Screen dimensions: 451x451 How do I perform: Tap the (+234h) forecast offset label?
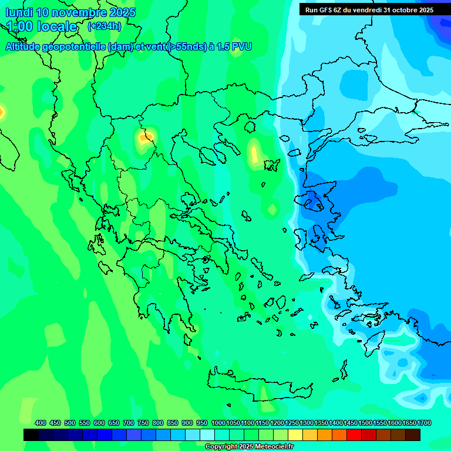pyautogui.click(x=104, y=26)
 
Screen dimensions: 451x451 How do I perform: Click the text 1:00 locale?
pyautogui.click(x=42, y=26)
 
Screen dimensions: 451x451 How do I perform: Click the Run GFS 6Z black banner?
pyautogui.click(x=369, y=9)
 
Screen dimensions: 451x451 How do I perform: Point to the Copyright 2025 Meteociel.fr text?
pyautogui.click(x=250, y=447)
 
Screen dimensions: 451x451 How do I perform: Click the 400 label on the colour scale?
pyautogui.click(x=41, y=423)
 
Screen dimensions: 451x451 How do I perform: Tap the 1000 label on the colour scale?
pyautogui.click(x=218, y=423)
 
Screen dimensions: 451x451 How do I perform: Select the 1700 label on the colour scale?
pyautogui.click(x=424, y=423)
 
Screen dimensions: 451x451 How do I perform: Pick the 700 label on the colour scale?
pyautogui.click(x=129, y=423)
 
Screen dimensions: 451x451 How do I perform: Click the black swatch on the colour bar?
pyautogui.click(x=31, y=435)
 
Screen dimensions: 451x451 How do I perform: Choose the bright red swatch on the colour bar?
pyautogui.click(x=354, y=435)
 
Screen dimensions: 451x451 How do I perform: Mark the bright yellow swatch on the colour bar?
pyautogui.click(x=295, y=435)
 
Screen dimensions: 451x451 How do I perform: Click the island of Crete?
pyautogui.click(x=258, y=385)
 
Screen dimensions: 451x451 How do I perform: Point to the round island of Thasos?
pyautogui.click(x=250, y=126)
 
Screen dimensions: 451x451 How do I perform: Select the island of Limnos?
pyautogui.click(x=271, y=165)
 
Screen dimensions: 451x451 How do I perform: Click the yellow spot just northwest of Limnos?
pyautogui.click(x=254, y=152)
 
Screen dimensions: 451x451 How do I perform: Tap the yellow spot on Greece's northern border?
pyautogui.click(x=144, y=138)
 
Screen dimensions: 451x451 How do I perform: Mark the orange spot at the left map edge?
pyautogui.click(x=2, y=111)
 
